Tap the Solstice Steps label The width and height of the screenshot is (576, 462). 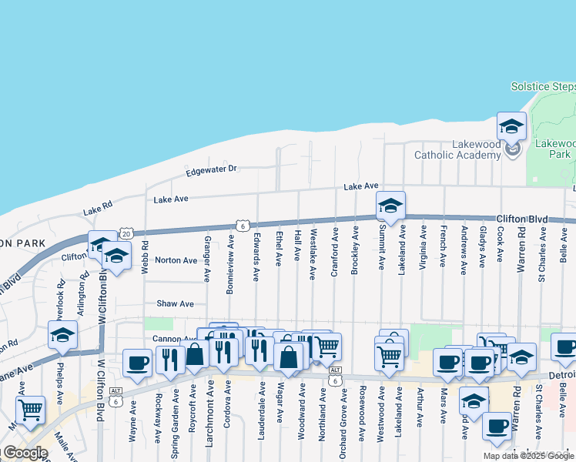point(542,87)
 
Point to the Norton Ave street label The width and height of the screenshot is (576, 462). point(176,260)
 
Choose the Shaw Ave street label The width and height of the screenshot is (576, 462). point(175,304)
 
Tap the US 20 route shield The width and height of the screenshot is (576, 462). point(126,233)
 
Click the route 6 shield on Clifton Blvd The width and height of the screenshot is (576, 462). point(242,226)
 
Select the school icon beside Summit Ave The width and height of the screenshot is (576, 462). point(390,206)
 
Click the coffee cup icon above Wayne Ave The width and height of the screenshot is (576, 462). point(138,363)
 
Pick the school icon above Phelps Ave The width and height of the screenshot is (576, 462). point(62,335)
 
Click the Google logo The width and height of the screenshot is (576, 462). point(25,453)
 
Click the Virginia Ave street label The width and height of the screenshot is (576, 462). point(423,246)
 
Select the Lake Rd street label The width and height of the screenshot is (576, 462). point(98,208)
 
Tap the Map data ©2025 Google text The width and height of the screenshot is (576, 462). point(528,456)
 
